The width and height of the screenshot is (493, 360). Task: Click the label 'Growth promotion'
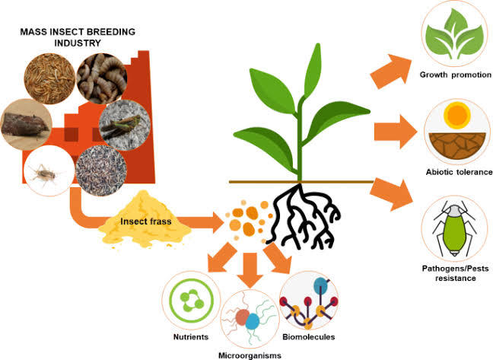click(455, 75)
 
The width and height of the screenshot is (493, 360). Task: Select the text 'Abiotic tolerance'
click(456, 172)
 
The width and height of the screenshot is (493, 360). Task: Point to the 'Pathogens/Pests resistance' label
click(455, 273)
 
